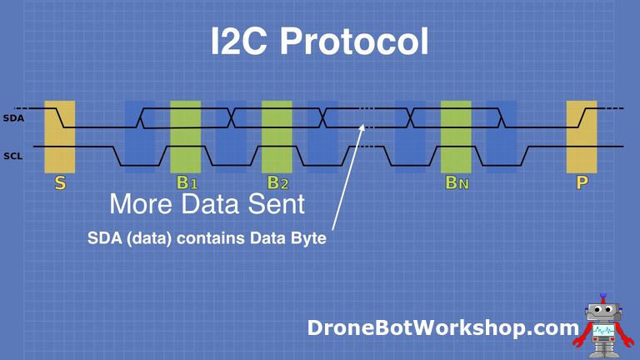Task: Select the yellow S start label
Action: (60, 182)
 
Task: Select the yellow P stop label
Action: (581, 182)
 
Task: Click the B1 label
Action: (186, 183)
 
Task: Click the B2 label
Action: (277, 183)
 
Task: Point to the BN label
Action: (457, 183)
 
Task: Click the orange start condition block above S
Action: (60, 136)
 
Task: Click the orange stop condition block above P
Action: (582, 136)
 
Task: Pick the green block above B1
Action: (186, 136)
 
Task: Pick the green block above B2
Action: (277, 136)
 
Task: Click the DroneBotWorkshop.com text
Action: (442, 327)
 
